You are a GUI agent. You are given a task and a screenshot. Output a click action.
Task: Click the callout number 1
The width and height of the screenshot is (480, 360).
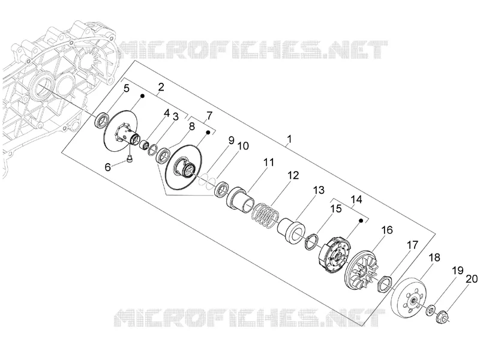coord(289,139)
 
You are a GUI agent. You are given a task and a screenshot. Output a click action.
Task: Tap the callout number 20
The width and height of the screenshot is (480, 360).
coord(472,279)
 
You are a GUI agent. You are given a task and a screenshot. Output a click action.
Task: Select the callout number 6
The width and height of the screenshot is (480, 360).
coord(108,167)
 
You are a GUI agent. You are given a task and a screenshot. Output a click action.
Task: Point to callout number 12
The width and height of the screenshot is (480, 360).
coord(293,175)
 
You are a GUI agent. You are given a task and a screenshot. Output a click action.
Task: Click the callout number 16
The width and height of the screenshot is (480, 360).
coord(386,230)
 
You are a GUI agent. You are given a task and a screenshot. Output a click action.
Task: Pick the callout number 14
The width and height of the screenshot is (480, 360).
coord(356,200)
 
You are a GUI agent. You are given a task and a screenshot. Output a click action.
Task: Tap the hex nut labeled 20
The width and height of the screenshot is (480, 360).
coord(442,317)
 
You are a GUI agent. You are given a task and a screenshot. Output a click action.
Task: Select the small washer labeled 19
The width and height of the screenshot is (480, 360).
coord(430,310)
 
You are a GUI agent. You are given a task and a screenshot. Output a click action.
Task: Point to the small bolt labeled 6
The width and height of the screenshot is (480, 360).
coord(130,158)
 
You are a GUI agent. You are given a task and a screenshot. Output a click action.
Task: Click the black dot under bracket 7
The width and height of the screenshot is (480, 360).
coord(208,132)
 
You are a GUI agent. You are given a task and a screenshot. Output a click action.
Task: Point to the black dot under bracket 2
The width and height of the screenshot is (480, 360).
coord(142,96)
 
